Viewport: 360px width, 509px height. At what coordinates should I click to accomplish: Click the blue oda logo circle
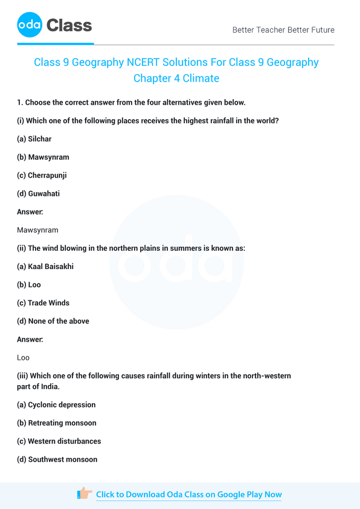tap(30, 25)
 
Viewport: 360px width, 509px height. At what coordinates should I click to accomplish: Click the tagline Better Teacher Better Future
tap(283, 30)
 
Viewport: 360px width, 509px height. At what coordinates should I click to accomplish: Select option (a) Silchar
tap(34, 139)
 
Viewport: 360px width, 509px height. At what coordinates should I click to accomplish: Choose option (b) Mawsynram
tap(43, 157)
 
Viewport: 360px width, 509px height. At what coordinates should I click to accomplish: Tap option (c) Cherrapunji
tap(42, 175)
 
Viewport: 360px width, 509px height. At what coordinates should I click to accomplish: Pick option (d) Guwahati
tap(38, 193)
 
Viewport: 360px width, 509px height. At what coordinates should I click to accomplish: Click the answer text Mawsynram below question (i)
tap(38, 230)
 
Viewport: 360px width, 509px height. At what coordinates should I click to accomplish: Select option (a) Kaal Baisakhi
tap(45, 267)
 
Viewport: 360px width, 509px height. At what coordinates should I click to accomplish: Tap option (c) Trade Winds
tap(43, 303)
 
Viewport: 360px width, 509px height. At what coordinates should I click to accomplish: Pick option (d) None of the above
tap(53, 321)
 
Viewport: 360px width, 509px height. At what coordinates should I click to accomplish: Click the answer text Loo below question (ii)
tap(24, 358)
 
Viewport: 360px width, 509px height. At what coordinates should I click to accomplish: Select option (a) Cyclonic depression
tap(56, 405)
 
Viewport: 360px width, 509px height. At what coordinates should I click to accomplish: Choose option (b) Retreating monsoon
tap(57, 423)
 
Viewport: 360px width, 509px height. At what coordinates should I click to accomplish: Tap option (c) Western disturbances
tap(59, 441)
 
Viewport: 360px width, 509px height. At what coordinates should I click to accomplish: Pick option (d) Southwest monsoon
tap(57, 459)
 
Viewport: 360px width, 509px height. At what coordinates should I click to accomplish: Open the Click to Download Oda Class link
tap(188, 494)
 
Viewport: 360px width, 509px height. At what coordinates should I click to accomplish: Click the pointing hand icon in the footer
tap(85, 494)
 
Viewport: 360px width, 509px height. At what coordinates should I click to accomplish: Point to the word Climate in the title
tap(202, 78)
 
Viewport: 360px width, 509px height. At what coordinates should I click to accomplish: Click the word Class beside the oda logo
tap(69, 25)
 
